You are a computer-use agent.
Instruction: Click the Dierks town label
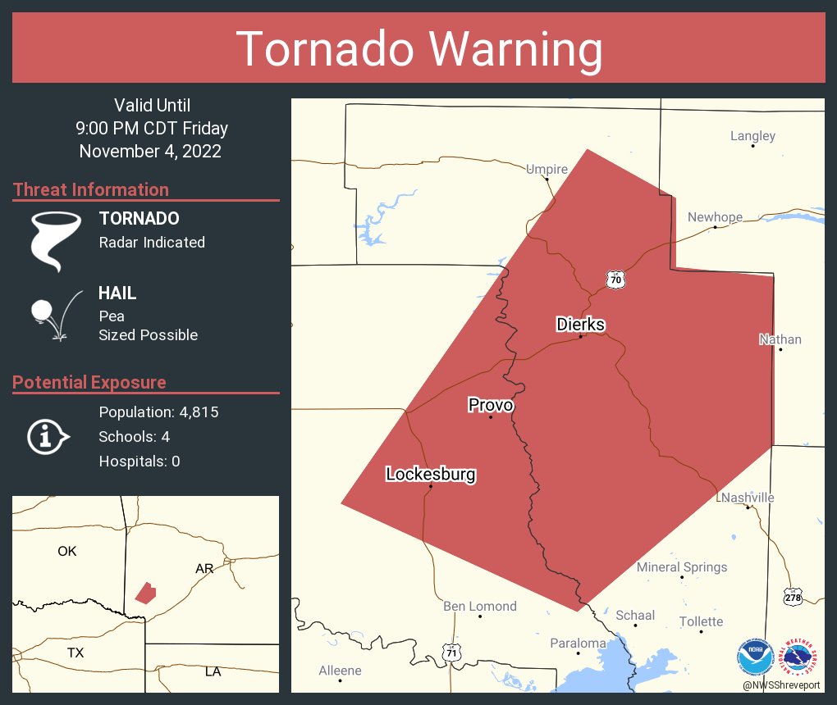tap(580, 325)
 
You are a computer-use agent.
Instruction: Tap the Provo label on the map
tap(491, 405)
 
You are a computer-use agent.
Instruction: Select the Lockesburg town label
tap(430, 474)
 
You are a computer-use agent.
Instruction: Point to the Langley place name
tap(752, 135)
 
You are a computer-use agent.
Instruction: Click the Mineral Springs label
tap(682, 566)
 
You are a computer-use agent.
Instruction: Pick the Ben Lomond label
tap(480, 606)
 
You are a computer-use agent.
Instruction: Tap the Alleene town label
tap(340, 670)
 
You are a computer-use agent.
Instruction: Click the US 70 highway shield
tap(616, 279)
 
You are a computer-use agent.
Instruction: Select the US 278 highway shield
tap(792, 596)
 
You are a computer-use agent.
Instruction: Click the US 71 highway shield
tap(451, 652)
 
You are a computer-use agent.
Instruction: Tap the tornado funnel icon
tap(55, 240)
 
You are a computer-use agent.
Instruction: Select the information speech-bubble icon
tap(48, 436)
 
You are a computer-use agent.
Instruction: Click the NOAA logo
tap(756, 657)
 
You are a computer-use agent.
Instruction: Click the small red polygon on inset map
tap(145, 592)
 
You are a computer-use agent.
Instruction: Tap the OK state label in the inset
tap(67, 551)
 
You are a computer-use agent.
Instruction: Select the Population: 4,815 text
tap(158, 412)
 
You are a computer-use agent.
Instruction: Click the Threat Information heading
tap(91, 189)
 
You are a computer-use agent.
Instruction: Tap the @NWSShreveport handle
tap(783, 685)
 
